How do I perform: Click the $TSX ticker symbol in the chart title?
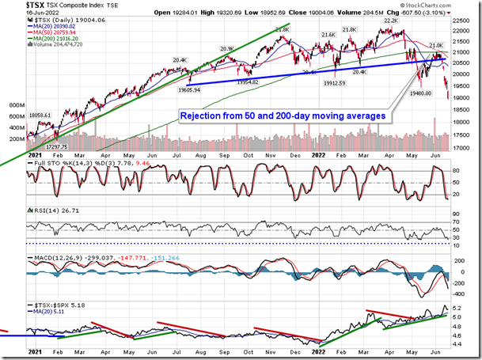point(17,6)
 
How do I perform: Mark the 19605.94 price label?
point(204,90)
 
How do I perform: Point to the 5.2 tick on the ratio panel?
point(461,309)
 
